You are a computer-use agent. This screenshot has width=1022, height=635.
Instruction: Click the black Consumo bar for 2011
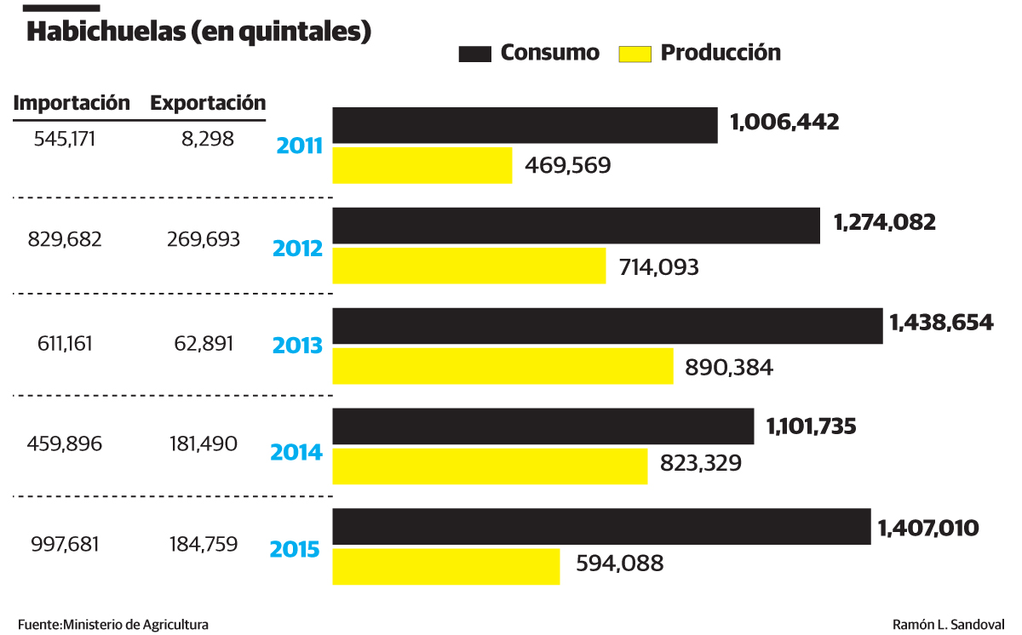[524, 126]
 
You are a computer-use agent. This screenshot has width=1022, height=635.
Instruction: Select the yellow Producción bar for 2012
[468, 266]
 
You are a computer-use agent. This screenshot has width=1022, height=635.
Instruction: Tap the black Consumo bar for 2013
[606, 327]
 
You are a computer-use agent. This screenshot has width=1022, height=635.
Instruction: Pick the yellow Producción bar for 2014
[490, 466]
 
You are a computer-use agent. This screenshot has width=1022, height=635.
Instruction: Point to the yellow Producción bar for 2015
[445, 567]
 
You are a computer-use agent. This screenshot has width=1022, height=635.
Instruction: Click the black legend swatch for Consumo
[475, 54]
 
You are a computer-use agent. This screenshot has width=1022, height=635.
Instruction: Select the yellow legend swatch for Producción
[632, 54]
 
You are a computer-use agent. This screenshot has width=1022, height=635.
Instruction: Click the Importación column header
[72, 103]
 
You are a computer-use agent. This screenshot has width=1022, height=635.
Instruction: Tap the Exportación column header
[208, 103]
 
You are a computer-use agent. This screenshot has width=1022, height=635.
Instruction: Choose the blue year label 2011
[299, 146]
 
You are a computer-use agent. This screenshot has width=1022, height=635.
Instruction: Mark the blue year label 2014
[296, 452]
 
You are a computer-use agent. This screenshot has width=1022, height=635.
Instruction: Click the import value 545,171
[65, 139]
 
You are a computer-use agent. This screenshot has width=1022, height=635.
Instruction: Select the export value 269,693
[204, 239]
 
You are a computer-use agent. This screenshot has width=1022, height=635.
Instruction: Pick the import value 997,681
[65, 544]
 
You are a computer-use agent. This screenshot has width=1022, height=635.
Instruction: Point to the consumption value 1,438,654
[941, 323]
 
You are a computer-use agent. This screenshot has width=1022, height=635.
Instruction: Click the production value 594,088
[619, 563]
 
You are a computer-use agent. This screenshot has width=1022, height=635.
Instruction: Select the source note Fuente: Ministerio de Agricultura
[112, 624]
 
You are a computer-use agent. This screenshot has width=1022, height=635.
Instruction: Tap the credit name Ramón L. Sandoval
[949, 624]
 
